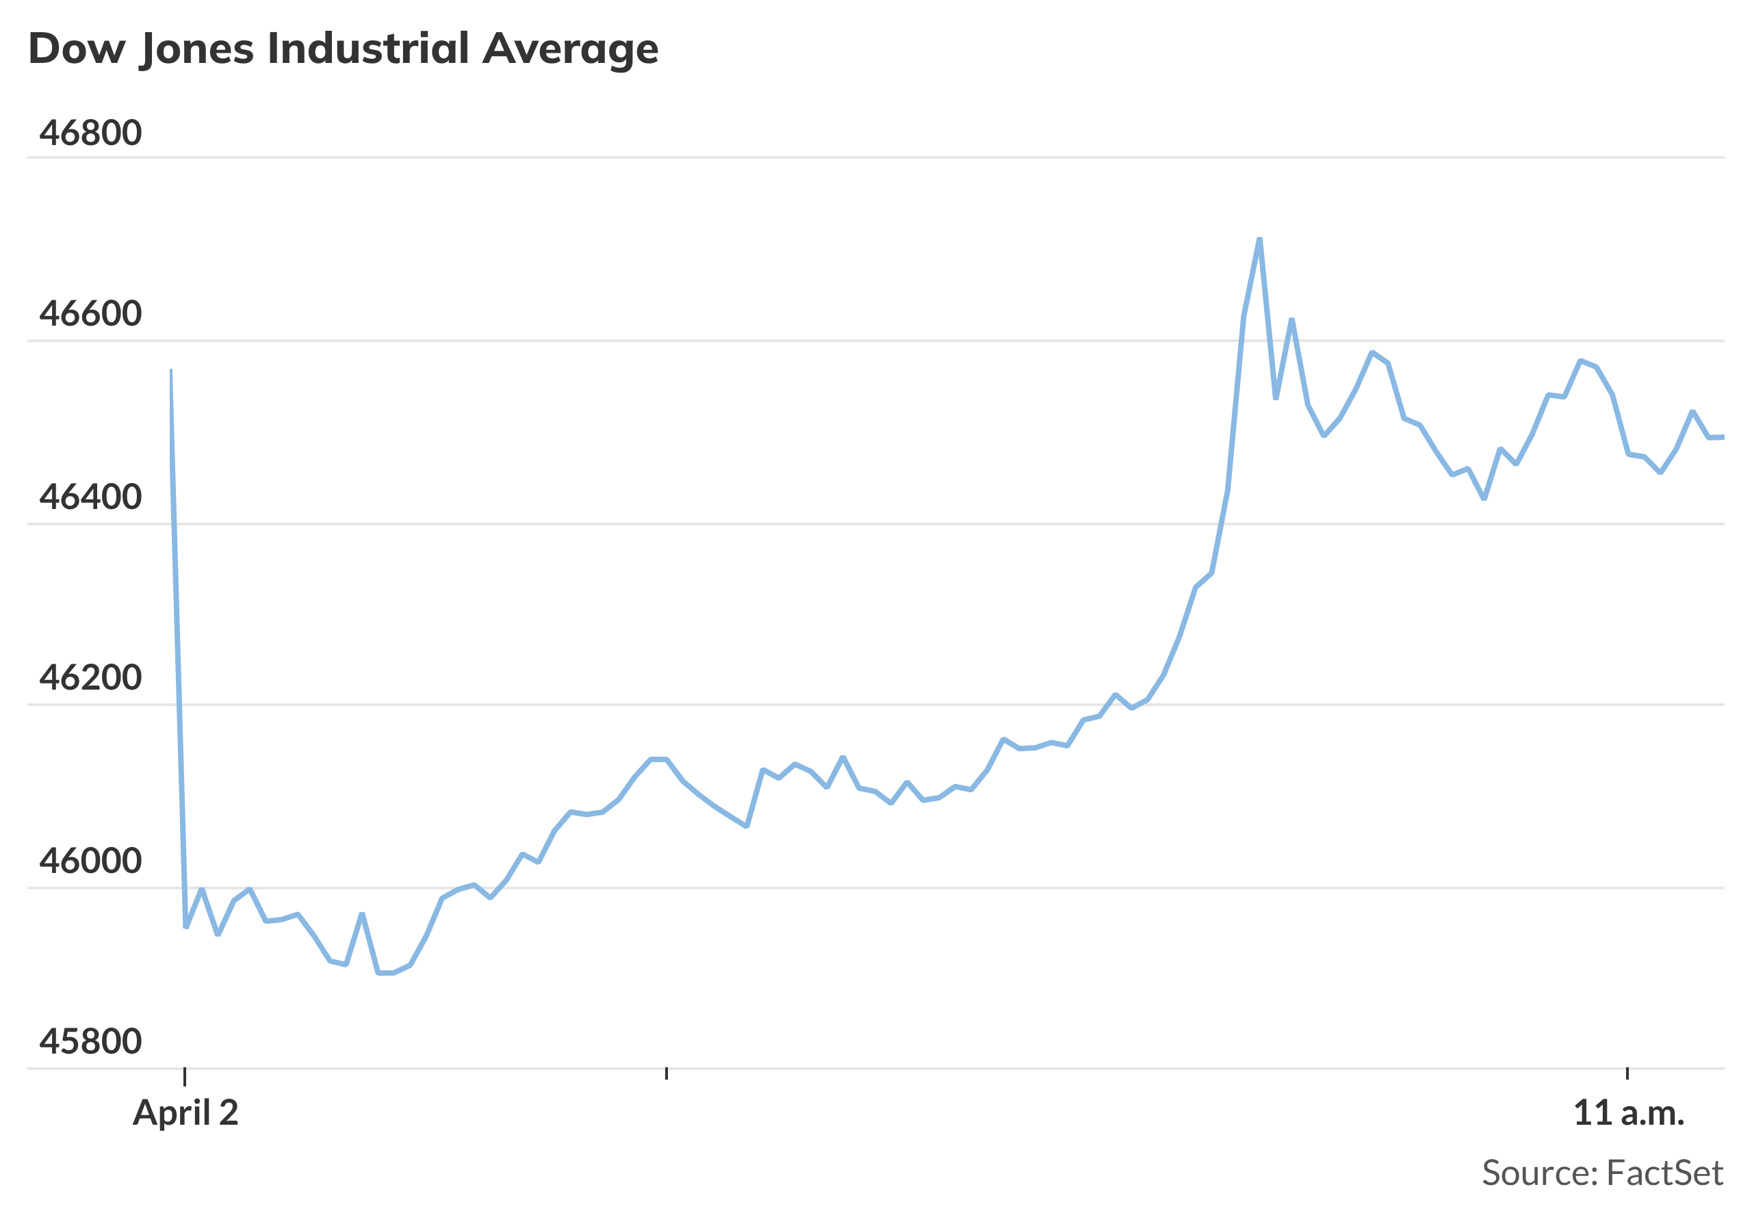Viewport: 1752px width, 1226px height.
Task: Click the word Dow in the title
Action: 76,49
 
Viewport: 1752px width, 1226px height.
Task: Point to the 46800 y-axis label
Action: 90,133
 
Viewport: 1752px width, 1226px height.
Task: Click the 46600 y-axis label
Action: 90,313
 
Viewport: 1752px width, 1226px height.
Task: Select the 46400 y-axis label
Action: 90,497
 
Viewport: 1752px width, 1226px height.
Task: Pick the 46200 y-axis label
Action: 90,677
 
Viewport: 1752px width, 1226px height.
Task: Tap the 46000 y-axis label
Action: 90,861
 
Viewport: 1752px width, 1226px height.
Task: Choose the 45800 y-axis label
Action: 90,1041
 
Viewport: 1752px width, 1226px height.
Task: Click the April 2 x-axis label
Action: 185,1113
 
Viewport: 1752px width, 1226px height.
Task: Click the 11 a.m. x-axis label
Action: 1628,1113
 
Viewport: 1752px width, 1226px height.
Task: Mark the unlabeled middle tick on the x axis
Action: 666,1073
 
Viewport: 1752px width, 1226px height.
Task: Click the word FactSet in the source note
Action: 1664,1173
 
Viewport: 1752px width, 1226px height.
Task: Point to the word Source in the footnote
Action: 1539,1173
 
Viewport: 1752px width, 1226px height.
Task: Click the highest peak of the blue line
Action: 1259,239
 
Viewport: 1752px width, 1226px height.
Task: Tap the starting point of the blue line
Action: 171,370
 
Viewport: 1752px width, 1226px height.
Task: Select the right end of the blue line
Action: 1723,437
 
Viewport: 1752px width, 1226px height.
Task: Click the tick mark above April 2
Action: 185,1075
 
